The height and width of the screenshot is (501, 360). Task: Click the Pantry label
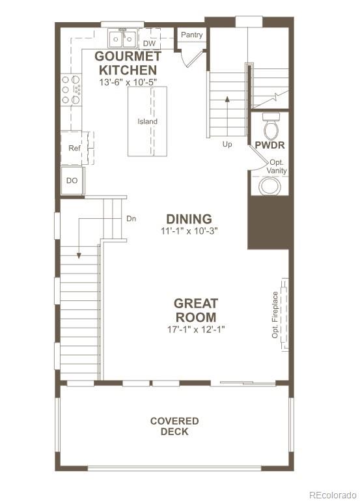tap(191, 35)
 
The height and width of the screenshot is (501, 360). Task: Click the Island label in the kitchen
tap(147, 121)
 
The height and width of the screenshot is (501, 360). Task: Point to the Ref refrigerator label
tap(74, 148)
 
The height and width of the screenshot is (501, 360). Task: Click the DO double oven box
tap(72, 180)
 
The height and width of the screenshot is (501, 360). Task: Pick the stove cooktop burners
tap(71, 89)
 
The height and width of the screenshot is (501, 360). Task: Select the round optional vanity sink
tap(269, 186)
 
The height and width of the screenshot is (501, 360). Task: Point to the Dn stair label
tap(131, 219)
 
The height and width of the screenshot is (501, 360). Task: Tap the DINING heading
tap(189, 219)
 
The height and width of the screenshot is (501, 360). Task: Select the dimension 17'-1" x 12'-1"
tap(195, 330)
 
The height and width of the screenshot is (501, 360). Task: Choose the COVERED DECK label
tap(174, 426)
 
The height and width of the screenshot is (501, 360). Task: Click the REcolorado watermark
tap(332, 493)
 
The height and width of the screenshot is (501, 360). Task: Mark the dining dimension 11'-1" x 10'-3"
tap(188, 231)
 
